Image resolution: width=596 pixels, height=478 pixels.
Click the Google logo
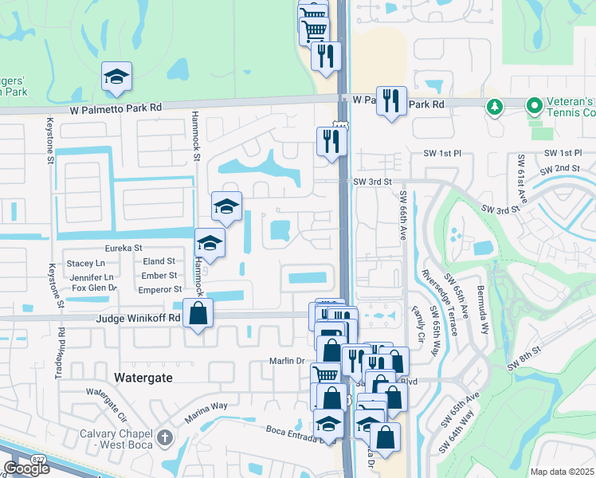[x=26, y=468]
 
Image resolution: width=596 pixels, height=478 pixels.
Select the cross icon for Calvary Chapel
[x=165, y=437]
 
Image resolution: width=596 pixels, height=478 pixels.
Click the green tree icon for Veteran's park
[x=494, y=105]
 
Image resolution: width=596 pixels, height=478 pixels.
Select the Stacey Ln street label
[x=85, y=263]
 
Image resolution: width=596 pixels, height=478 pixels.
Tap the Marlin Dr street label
[x=288, y=361]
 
